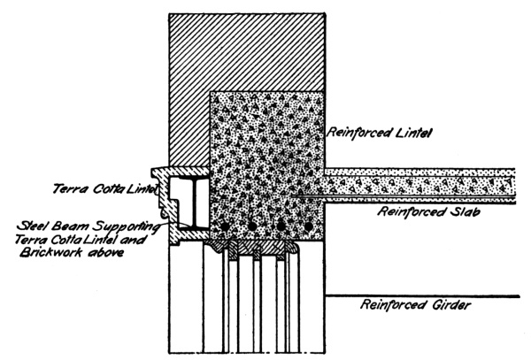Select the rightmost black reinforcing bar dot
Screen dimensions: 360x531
pyautogui.click(x=308, y=227)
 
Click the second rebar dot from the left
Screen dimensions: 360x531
pyautogui.click(x=251, y=227)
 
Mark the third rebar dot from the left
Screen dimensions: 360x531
pyautogui.click(x=281, y=227)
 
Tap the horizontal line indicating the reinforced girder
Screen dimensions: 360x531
pyautogui.click(x=416, y=295)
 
